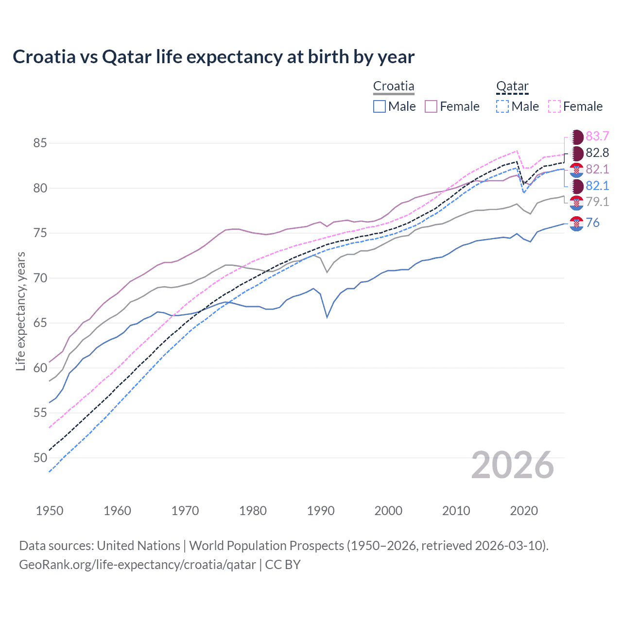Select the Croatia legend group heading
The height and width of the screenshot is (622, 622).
pyautogui.click(x=394, y=86)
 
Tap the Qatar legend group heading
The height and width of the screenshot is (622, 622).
pyautogui.click(x=512, y=86)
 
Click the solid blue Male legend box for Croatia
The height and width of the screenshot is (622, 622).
pyautogui.click(x=380, y=106)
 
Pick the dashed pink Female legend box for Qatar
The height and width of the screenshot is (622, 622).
pyautogui.click(x=554, y=106)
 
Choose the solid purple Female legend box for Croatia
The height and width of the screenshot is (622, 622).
pyautogui.click(x=432, y=106)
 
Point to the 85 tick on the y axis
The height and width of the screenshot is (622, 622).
pyautogui.click(x=40, y=143)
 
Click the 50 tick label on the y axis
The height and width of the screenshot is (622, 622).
pyautogui.click(x=40, y=458)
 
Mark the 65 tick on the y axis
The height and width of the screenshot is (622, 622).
pyautogui.click(x=40, y=323)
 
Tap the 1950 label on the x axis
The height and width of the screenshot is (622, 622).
pyautogui.click(x=50, y=511)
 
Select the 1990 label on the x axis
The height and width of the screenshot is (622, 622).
pyautogui.click(x=321, y=511)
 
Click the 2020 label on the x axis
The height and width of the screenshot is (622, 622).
pyautogui.click(x=524, y=511)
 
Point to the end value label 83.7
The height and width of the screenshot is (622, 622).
pyautogui.click(x=597, y=136)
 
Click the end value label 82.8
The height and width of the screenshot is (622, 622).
pyautogui.click(x=597, y=153)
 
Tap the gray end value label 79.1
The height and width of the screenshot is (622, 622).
pyautogui.click(x=597, y=202)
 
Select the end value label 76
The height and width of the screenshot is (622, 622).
pyautogui.click(x=593, y=223)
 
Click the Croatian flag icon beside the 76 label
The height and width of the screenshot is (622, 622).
pyautogui.click(x=576, y=224)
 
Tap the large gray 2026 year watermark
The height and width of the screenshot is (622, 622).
pyautogui.click(x=513, y=466)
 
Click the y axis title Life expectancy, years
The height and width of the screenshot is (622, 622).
pyautogui.click(x=20, y=311)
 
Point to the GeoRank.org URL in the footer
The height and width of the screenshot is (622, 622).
pyautogui.click(x=138, y=565)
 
